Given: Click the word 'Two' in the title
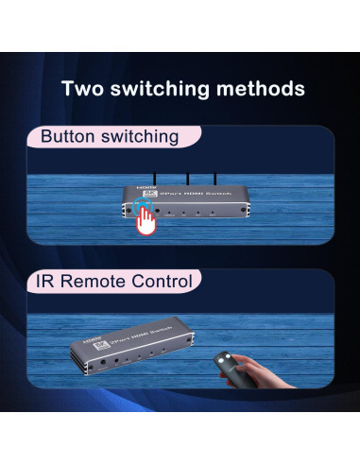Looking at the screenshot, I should [83, 89].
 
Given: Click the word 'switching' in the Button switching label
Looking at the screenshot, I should [140, 137].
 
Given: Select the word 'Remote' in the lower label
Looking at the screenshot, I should [97, 281].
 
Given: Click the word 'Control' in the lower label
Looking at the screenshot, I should [162, 281].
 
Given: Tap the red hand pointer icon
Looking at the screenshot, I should [145, 220].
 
